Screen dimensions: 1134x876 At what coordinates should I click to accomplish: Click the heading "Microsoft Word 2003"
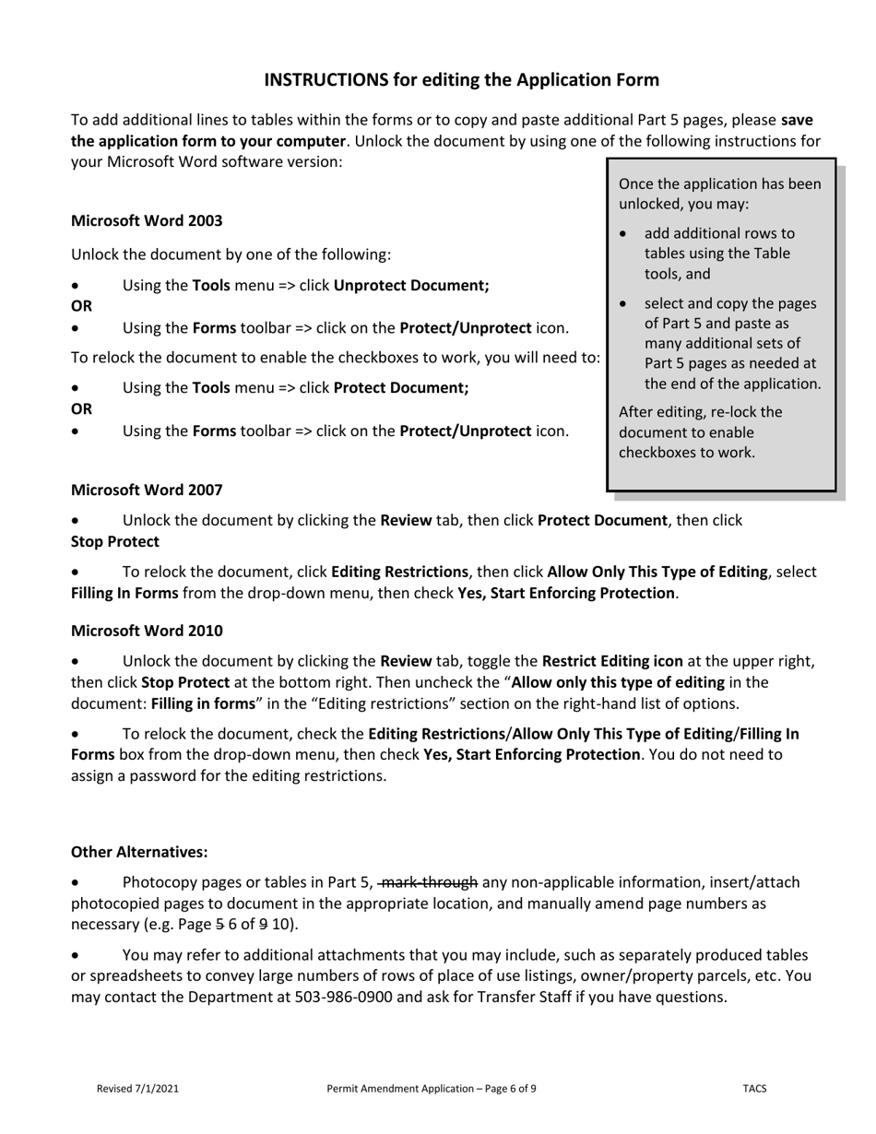point(147,221)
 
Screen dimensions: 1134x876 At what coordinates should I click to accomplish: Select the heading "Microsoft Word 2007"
point(147,490)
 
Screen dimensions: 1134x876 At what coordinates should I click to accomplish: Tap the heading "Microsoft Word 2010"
point(147,631)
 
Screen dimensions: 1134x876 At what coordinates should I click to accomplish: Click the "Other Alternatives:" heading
point(139,853)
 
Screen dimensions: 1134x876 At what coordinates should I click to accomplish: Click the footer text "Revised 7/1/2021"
point(137,1089)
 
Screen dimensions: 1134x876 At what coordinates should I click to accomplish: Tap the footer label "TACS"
point(754,1089)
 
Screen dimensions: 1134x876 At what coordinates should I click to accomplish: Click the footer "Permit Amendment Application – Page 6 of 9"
point(432,1089)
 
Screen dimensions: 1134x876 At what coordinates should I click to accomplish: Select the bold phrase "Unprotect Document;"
point(411,286)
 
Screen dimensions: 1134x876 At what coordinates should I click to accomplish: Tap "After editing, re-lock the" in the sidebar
point(700,412)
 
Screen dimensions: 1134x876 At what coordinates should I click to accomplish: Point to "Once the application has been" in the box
point(719,184)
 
